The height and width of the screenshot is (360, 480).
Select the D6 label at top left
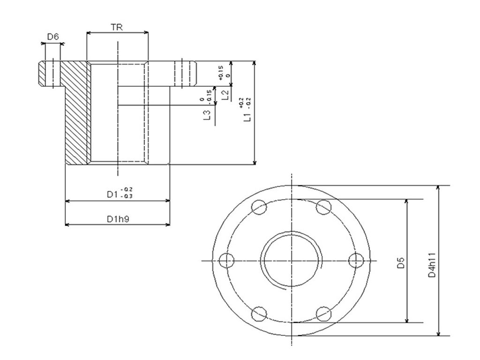click(x=53, y=37)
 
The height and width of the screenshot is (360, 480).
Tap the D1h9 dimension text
click(x=117, y=219)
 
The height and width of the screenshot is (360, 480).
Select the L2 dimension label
click(x=225, y=95)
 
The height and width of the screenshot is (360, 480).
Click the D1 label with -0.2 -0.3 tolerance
click(x=117, y=193)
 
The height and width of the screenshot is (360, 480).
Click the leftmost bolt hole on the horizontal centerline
click(x=227, y=260)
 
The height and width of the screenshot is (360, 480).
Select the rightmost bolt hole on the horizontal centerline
click(x=357, y=260)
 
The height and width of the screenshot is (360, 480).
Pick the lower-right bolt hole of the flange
click(x=323, y=313)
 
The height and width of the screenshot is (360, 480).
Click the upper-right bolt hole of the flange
click(x=323, y=207)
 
